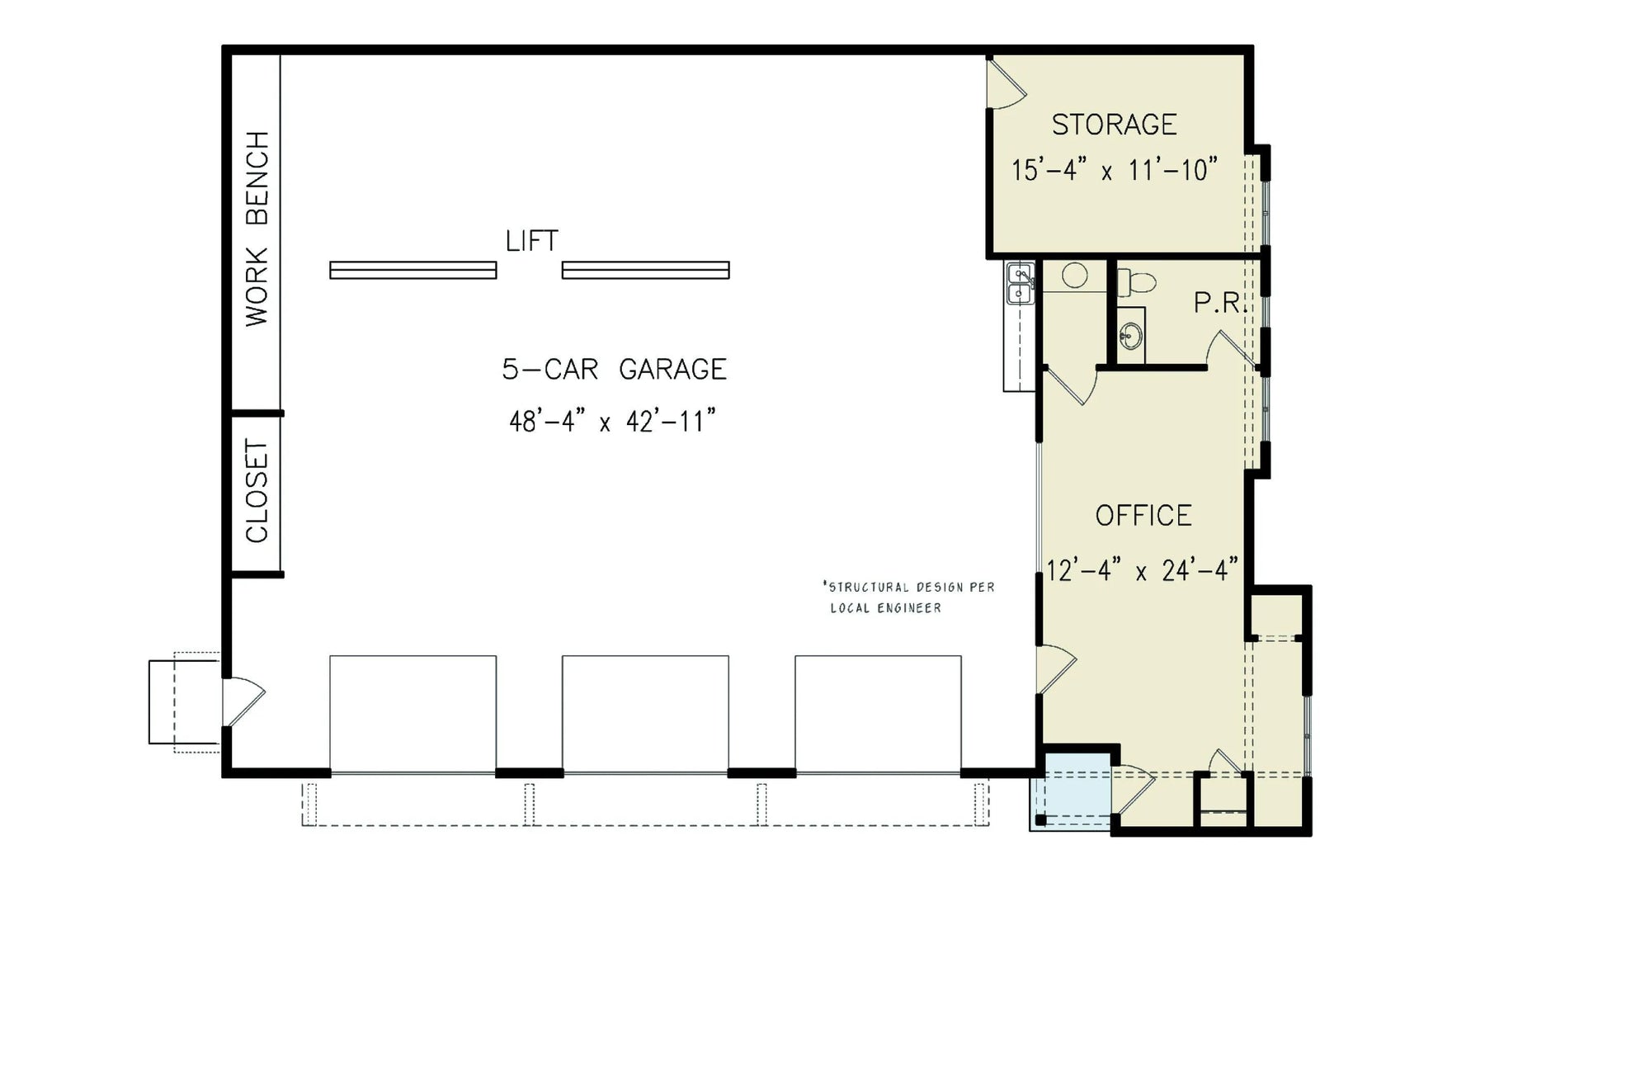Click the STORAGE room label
pos(1114,125)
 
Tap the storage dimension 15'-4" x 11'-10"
pos(1114,170)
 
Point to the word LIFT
pos(531,241)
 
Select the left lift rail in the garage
pos(412,270)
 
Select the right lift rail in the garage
pos(645,270)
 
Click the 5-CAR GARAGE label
pos(614,369)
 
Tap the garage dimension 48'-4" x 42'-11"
pos(611,422)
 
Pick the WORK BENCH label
pos(257,229)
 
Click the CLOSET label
pos(257,492)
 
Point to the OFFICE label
pos(1143,516)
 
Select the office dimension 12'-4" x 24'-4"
pos(1143,569)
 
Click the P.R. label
pos(1217,303)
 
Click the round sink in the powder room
pos(1131,335)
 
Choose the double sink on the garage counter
pos(1021,283)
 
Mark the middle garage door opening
pos(645,714)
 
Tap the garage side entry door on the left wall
pos(243,701)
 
